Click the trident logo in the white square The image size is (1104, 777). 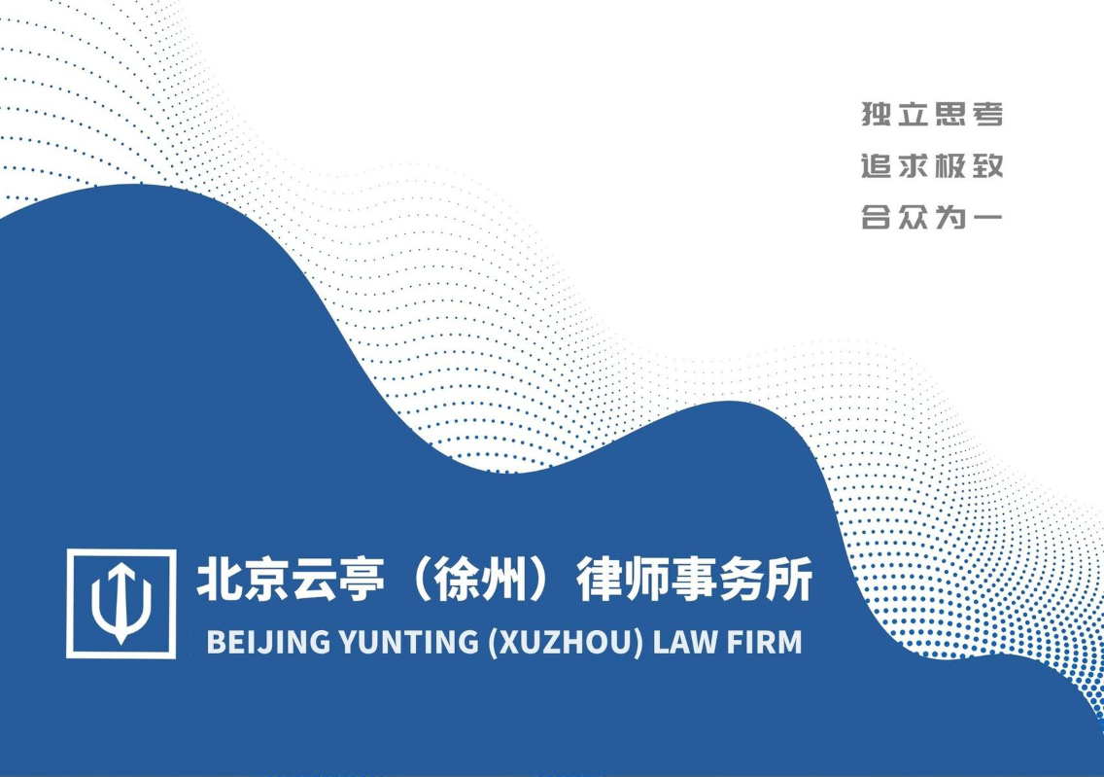coord(121,603)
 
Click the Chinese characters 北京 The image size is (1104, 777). coord(243,579)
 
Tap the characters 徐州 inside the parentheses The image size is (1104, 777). coord(480,579)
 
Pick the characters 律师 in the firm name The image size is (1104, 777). coord(623,579)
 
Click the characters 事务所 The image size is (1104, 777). coord(742,579)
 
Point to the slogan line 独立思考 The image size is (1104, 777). coord(932,114)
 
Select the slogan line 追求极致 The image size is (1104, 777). coord(932,166)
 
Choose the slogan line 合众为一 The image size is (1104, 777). coord(932,218)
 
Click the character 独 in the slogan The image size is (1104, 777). coord(877,114)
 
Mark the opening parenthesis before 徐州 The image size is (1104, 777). coord(418,579)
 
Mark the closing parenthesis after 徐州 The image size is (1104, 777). coord(542,579)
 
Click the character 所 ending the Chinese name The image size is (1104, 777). coord(790,579)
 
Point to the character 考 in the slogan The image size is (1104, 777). coord(987,114)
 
